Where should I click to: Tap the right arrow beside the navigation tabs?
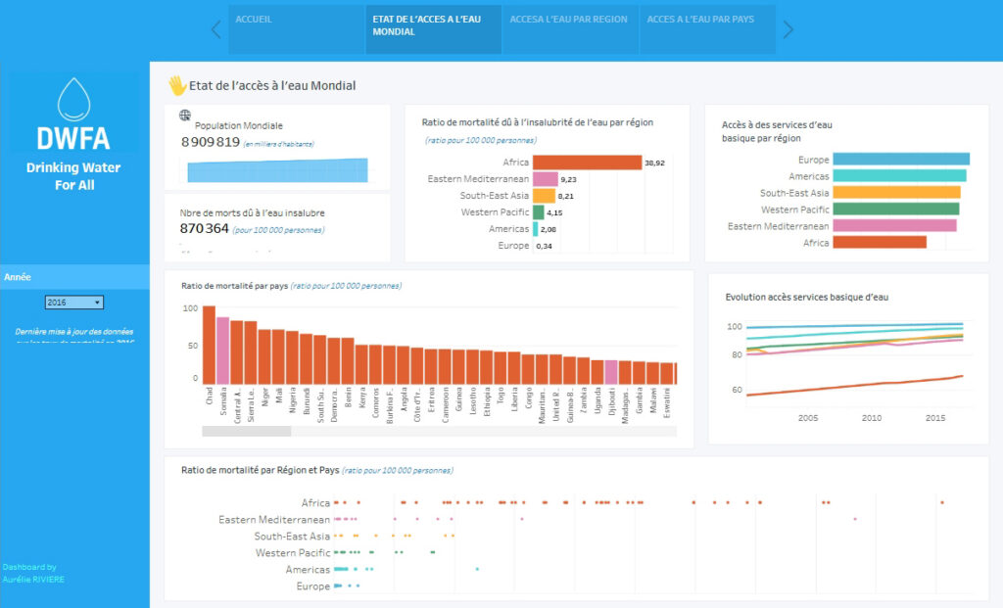(788, 29)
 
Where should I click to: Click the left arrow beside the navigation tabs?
(216, 29)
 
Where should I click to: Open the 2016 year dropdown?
(74, 303)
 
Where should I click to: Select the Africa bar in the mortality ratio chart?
(587, 163)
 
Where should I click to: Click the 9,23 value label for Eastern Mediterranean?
(568, 179)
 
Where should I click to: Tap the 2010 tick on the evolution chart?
(872, 417)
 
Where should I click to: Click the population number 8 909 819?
(211, 142)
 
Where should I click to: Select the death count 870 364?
(205, 228)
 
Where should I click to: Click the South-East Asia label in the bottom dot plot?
(292, 537)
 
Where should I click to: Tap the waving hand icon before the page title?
(177, 85)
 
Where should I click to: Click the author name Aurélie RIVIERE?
(33, 579)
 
